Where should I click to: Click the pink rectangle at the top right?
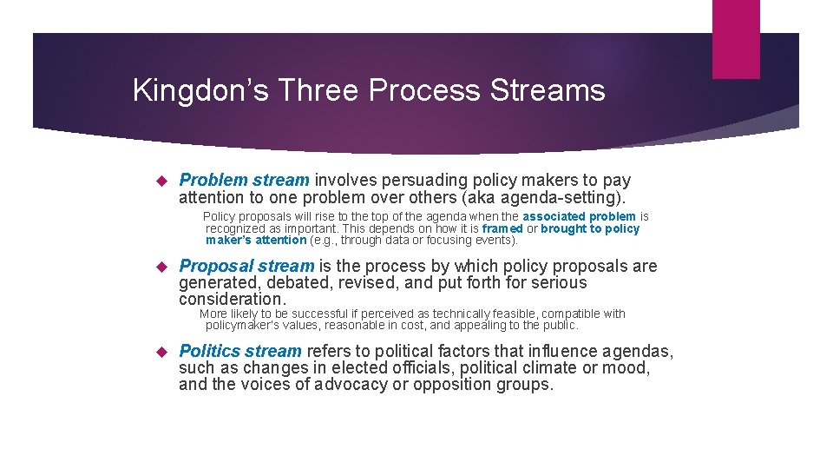[735, 38]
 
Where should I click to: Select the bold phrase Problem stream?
[244, 181]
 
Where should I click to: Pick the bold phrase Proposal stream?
[246, 267]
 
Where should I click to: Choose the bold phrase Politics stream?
[240, 352]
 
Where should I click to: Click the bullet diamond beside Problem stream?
[160, 182]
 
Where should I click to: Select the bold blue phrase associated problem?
[579, 216]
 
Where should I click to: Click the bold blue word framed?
[502, 228]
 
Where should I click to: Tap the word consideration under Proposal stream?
[232, 300]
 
